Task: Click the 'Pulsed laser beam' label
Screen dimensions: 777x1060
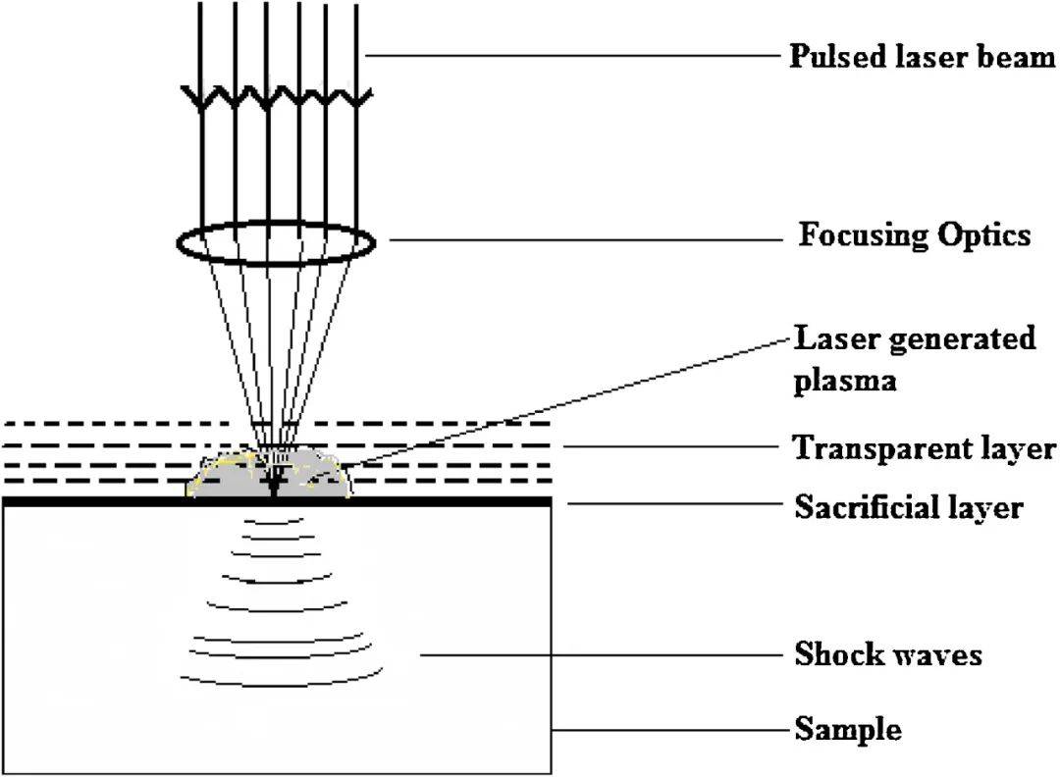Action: click(922, 56)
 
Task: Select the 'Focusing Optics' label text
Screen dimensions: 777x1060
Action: click(914, 235)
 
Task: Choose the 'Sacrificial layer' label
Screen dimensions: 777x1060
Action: click(908, 508)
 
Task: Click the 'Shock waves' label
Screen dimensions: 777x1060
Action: click(887, 654)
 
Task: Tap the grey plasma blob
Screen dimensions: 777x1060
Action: click(226, 480)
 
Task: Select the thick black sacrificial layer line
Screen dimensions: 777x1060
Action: click(442, 500)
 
